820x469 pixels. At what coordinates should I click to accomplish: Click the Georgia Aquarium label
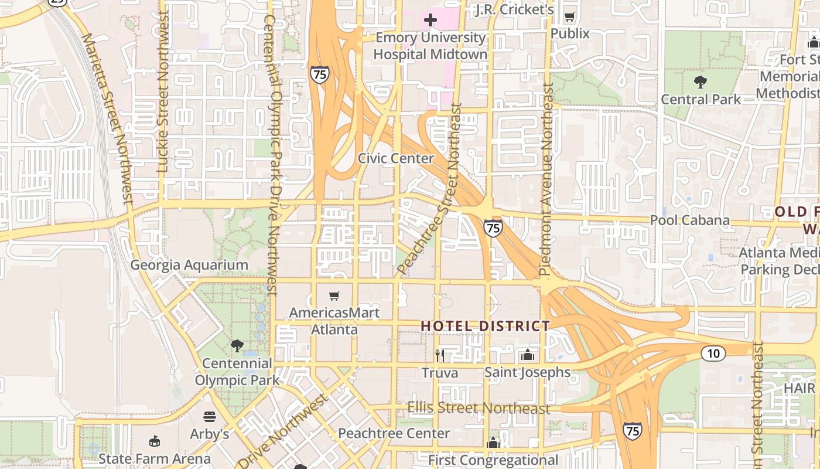(x=189, y=265)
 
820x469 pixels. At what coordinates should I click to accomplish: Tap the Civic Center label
(x=396, y=158)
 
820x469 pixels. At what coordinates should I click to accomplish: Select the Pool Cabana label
(x=690, y=220)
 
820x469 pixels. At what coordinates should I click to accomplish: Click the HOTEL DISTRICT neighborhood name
(x=486, y=326)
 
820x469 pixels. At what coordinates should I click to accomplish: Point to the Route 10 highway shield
(x=713, y=353)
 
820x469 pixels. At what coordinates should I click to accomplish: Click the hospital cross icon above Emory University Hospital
(x=430, y=21)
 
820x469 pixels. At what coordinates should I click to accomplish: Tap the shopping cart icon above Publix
(x=569, y=17)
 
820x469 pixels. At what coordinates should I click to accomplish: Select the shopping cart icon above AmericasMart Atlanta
(x=334, y=296)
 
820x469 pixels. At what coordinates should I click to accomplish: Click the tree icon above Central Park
(x=701, y=81)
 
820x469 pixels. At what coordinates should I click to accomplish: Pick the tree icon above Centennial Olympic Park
(x=237, y=346)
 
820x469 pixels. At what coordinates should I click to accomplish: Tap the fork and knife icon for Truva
(x=440, y=355)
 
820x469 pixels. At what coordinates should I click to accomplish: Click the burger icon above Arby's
(x=210, y=417)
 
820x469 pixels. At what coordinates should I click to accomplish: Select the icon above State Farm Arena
(x=155, y=441)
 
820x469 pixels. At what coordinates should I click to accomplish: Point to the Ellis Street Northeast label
(x=479, y=408)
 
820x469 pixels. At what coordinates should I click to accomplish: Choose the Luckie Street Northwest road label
(x=163, y=92)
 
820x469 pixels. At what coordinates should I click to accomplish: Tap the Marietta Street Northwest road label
(x=108, y=117)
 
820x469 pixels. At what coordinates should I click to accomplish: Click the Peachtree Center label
(x=394, y=434)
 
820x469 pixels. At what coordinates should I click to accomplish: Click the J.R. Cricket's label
(x=514, y=9)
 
